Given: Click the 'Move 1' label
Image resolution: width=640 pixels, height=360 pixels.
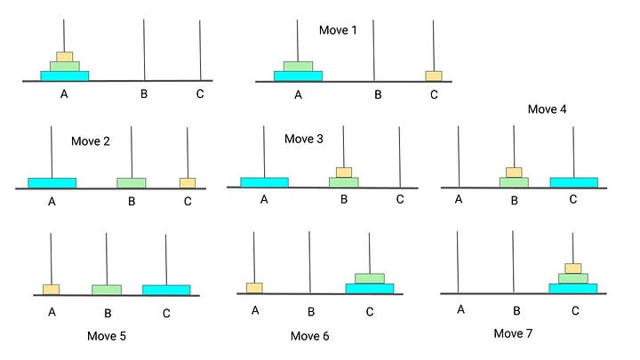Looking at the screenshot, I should point(338,30).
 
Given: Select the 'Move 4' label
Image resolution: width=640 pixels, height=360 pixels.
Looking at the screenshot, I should point(548,109).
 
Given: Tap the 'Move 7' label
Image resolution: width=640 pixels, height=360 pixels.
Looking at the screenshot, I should point(518,332).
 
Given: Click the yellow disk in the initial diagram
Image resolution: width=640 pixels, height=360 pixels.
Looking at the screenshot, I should point(64,56).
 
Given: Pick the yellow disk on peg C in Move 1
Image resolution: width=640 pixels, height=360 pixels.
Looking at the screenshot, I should point(434,76).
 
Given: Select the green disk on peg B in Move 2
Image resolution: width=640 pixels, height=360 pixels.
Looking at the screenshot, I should point(131,182).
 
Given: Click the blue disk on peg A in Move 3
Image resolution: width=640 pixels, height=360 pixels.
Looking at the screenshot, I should point(264,181).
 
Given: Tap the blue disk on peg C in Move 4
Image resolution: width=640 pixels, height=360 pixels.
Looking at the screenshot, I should point(573,182).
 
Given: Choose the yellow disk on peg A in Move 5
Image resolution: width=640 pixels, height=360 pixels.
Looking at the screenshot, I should point(52,289).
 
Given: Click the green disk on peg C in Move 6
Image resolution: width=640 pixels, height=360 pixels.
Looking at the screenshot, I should point(370,278).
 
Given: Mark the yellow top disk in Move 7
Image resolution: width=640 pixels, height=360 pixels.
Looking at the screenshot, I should point(573,268).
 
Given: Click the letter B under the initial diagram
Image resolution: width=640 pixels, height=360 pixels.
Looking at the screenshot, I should point(144,92).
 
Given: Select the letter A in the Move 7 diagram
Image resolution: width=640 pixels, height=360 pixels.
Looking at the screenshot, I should point(460,309).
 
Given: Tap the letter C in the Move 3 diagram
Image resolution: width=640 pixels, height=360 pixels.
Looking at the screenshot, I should point(400,199).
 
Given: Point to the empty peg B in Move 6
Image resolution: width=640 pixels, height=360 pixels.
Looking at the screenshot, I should point(309,262).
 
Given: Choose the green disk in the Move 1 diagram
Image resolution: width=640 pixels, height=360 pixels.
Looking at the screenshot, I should point(298,66).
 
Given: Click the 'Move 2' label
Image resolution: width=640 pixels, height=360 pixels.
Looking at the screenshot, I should point(91,140).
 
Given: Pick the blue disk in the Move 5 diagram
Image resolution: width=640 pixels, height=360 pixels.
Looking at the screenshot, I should point(166,290).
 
